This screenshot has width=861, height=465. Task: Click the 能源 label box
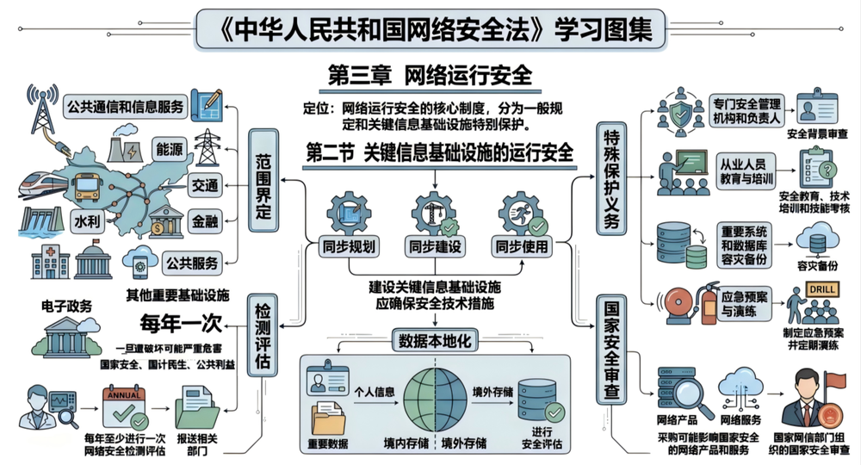click(169, 149)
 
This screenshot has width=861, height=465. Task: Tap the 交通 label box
click(205, 183)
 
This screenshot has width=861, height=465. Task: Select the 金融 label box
click(204, 222)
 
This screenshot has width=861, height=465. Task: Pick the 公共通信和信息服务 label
click(125, 106)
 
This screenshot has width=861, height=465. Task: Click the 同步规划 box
click(348, 245)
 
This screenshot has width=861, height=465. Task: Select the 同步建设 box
click(435, 245)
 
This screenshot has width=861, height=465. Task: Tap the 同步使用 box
click(521, 245)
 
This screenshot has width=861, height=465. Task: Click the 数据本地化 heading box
click(434, 341)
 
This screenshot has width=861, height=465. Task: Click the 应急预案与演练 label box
click(746, 302)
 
